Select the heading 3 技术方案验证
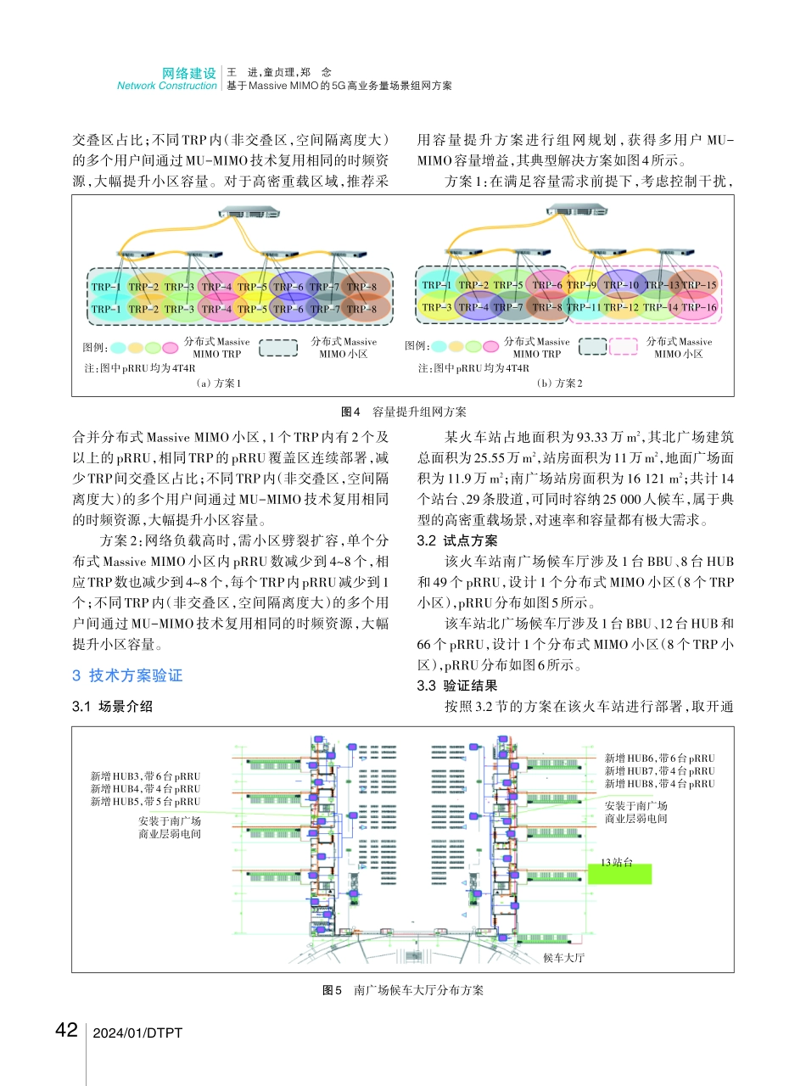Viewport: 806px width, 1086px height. [128, 675]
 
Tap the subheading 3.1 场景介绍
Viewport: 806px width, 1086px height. [113, 705]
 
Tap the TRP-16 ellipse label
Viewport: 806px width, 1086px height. [699, 307]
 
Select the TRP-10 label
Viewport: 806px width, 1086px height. [621, 285]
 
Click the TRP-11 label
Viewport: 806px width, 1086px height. [585, 307]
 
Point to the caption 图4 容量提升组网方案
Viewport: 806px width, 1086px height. [403, 411]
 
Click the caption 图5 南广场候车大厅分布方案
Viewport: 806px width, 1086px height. [403, 989]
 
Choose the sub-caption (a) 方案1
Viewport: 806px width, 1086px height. [218, 383]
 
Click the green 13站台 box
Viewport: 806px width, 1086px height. [620, 873]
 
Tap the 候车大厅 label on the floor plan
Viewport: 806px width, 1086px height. [564, 957]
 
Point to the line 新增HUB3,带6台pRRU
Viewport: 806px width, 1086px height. [146, 775]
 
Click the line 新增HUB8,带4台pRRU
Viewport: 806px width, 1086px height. [659, 784]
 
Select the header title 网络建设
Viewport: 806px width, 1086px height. [189, 74]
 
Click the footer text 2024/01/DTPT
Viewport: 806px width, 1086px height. [137, 1033]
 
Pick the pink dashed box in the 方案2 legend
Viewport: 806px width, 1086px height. [623, 346]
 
